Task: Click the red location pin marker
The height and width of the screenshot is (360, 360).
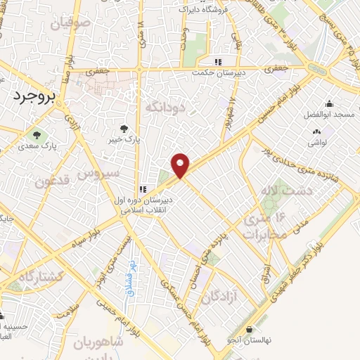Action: [181, 165]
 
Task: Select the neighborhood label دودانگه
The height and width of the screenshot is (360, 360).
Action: [165, 107]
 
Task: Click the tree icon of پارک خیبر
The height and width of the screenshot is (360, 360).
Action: [124, 129]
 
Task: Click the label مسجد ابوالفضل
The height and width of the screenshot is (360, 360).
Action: [327, 114]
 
